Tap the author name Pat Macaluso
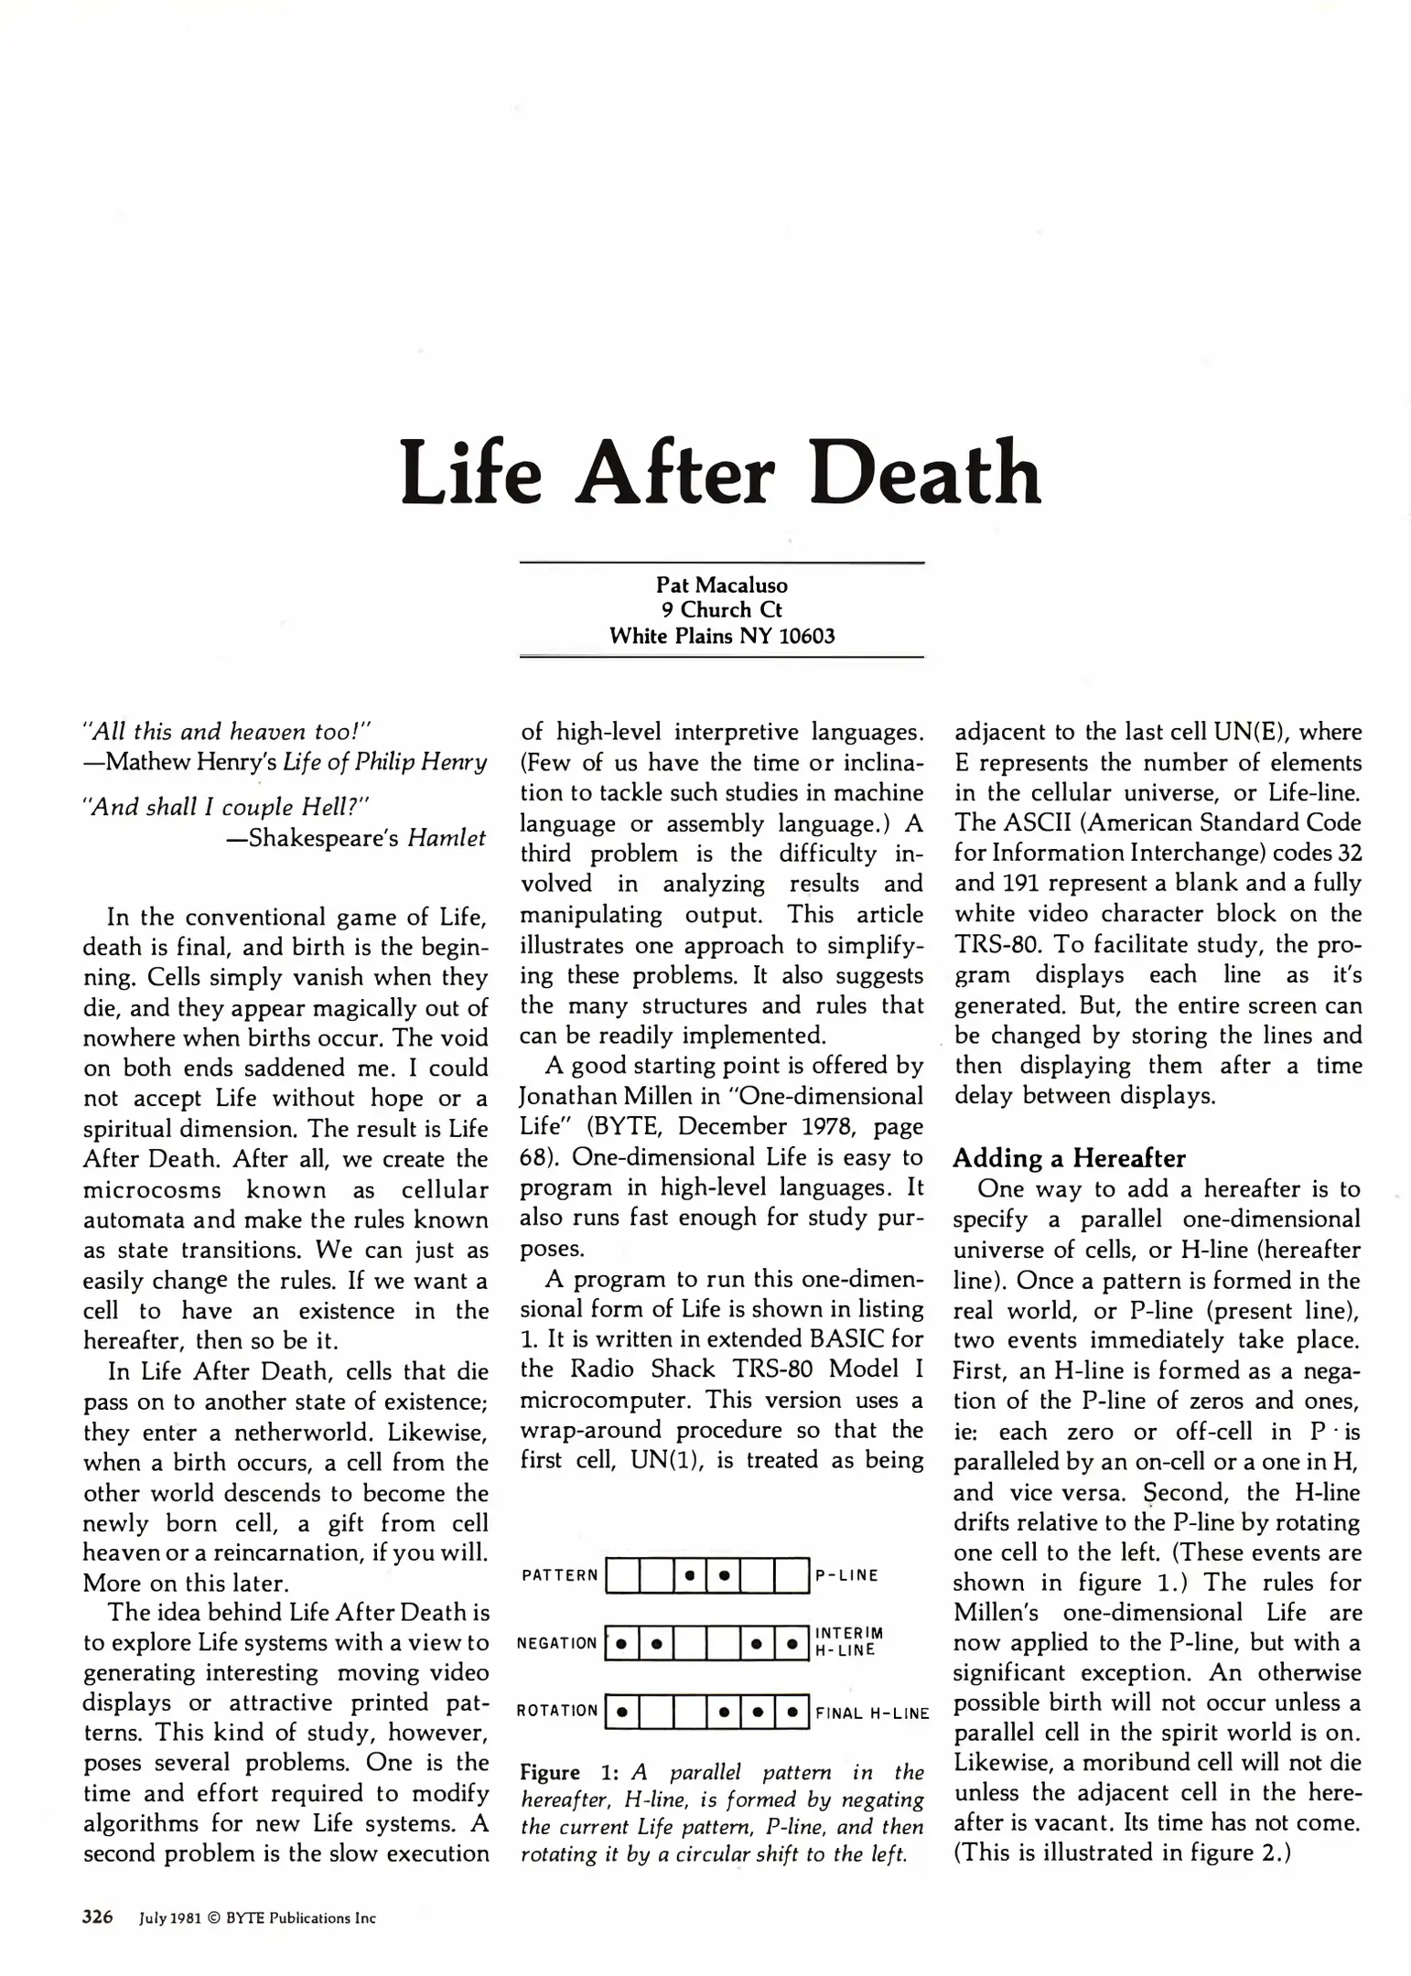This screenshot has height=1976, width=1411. click(x=722, y=585)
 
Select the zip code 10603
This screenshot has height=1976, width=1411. click(x=806, y=636)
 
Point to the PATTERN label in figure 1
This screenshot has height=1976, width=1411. click(x=559, y=1575)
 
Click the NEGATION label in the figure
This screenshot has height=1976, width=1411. click(x=556, y=1644)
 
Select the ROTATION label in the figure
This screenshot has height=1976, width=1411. click(x=556, y=1711)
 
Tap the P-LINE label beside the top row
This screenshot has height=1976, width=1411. click(x=846, y=1575)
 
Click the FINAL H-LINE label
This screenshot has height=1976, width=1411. click(x=872, y=1713)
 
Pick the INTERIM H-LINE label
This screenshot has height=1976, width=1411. click(x=848, y=1642)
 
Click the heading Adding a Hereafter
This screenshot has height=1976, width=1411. click(x=1069, y=1158)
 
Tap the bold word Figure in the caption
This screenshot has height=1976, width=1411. click(x=550, y=1772)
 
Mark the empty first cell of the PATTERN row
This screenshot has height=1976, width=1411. click(x=622, y=1575)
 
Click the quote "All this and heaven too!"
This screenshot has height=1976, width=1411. click(x=225, y=731)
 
